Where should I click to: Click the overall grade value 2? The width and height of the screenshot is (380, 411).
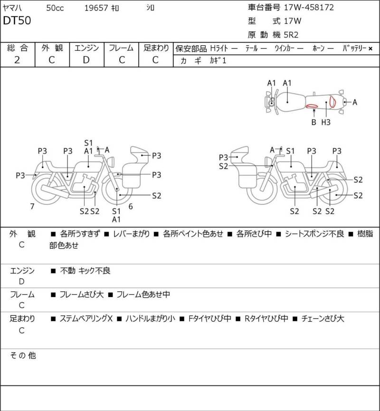[17, 59]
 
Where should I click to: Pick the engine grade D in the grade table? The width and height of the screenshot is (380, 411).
[86, 59]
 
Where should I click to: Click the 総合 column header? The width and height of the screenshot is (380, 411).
[17, 48]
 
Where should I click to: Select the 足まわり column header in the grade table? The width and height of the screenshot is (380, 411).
[156, 48]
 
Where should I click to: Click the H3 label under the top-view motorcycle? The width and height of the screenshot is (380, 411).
[326, 122]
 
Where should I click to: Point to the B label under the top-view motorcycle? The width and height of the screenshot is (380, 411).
[313, 122]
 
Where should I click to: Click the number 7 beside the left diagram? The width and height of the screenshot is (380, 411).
[32, 206]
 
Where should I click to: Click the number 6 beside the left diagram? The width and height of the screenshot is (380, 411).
[131, 206]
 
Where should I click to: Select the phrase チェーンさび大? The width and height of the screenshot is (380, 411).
[323, 318]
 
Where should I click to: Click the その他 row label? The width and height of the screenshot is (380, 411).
[23, 355]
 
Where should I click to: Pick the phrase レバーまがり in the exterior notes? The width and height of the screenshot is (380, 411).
[132, 234]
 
